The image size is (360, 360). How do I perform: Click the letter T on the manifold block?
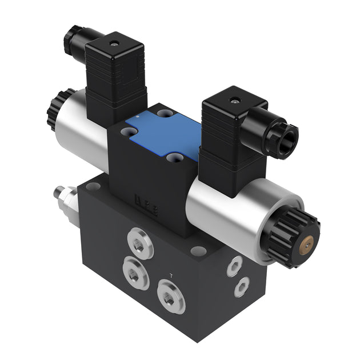pos(172,276)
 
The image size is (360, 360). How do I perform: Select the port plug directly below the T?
pos(169,298)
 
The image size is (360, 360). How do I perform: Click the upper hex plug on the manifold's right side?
pos(234,266)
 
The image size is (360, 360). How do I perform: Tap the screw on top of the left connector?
pos(113,43)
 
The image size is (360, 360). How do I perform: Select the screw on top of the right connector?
pos(233,101)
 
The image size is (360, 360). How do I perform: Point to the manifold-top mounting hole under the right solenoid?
pos(198,250)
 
